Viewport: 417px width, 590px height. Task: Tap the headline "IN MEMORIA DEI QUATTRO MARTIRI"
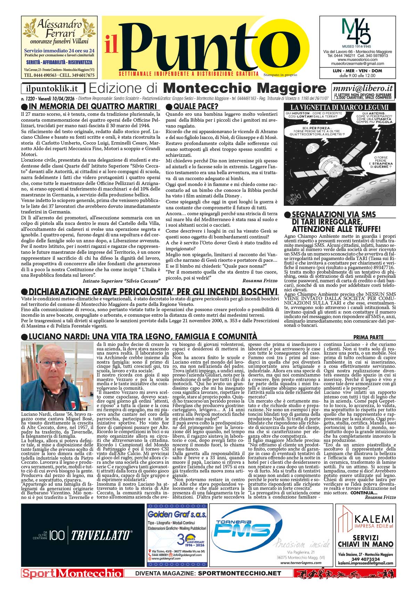point(92,106)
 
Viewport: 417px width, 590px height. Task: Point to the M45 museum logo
point(356,31)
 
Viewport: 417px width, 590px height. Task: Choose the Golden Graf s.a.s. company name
point(177,514)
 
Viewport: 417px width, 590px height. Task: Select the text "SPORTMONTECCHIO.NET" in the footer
point(239,573)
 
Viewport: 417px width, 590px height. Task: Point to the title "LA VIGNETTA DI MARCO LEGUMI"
point(340,107)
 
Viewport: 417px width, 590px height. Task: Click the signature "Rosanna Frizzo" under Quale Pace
point(260,281)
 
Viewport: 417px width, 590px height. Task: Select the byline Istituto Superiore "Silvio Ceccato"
point(121,281)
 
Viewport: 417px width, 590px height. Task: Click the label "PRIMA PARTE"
point(368,337)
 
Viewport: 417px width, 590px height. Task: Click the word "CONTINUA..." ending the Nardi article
point(364,493)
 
